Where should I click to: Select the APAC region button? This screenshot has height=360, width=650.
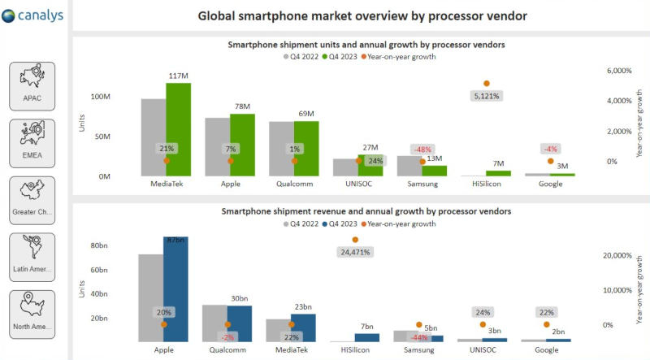[32, 87]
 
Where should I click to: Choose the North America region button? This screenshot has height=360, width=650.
[32, 314]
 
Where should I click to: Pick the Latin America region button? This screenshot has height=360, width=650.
[32, 258]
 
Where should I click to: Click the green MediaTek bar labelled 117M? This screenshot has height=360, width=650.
[179, 130]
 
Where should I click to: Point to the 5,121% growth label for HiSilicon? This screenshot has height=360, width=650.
[486, 96]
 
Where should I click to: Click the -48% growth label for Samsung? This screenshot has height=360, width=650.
[422, 150]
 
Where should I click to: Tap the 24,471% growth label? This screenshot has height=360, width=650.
[355, 252]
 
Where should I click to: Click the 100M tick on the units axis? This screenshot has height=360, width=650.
[100, 97]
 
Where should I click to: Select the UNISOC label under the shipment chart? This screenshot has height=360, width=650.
[358, 184]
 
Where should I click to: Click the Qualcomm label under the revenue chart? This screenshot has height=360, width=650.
[227, 350]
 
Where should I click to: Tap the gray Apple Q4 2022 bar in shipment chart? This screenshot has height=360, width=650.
[217, 147]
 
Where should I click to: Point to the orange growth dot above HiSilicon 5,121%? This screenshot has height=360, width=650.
[486, 84]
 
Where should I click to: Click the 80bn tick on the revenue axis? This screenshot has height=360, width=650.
[99, 245]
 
